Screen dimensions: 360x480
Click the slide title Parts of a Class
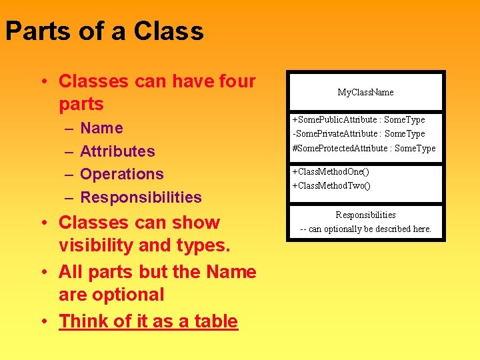(105, 31)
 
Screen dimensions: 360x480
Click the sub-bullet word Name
(101, 128)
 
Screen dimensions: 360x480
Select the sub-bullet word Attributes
(117, 151)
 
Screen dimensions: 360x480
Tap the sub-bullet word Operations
(121, 174)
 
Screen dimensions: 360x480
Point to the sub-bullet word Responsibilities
(141, 197)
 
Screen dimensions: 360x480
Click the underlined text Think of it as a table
(148, 321)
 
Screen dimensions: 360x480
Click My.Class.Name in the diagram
(365, 92)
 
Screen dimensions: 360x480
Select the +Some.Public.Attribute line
(359, 119)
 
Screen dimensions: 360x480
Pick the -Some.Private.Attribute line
(359, 133)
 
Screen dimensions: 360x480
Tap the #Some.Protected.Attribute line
(364, 148)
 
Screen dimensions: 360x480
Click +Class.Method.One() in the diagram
(331, 171)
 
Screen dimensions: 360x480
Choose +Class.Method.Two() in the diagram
(331, 185)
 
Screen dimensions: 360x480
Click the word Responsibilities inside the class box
(365, 215)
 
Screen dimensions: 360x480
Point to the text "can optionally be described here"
(369, 229)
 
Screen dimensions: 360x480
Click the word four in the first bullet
(234, 81)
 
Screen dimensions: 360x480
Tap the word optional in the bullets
(131, 295)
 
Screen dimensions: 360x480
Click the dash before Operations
(69, 175)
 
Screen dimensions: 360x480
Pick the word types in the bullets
(204, 245)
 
